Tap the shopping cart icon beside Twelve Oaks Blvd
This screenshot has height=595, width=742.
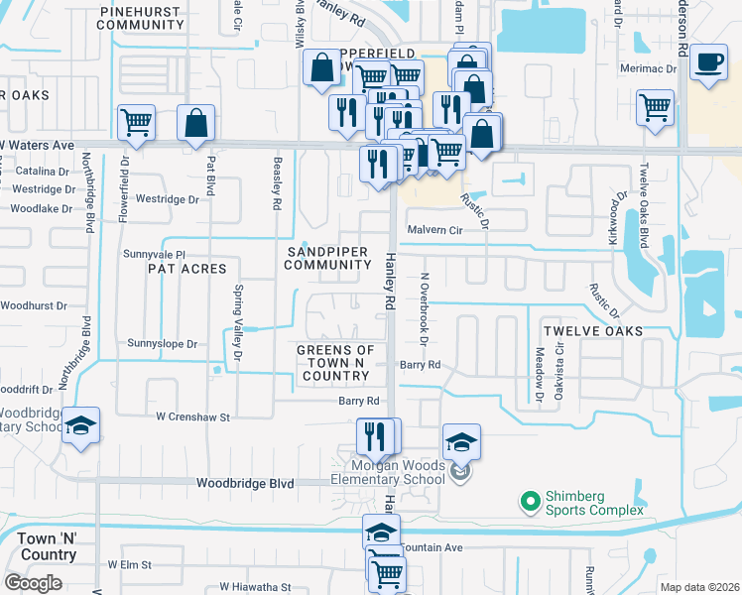pos(655,108)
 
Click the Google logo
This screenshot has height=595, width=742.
pos(32,583)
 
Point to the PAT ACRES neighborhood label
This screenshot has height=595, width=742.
pos(187,269)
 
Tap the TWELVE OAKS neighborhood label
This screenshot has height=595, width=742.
pos(592,330)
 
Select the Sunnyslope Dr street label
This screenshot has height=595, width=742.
pos(163,343)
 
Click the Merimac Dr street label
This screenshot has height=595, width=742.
pos(648,69)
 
